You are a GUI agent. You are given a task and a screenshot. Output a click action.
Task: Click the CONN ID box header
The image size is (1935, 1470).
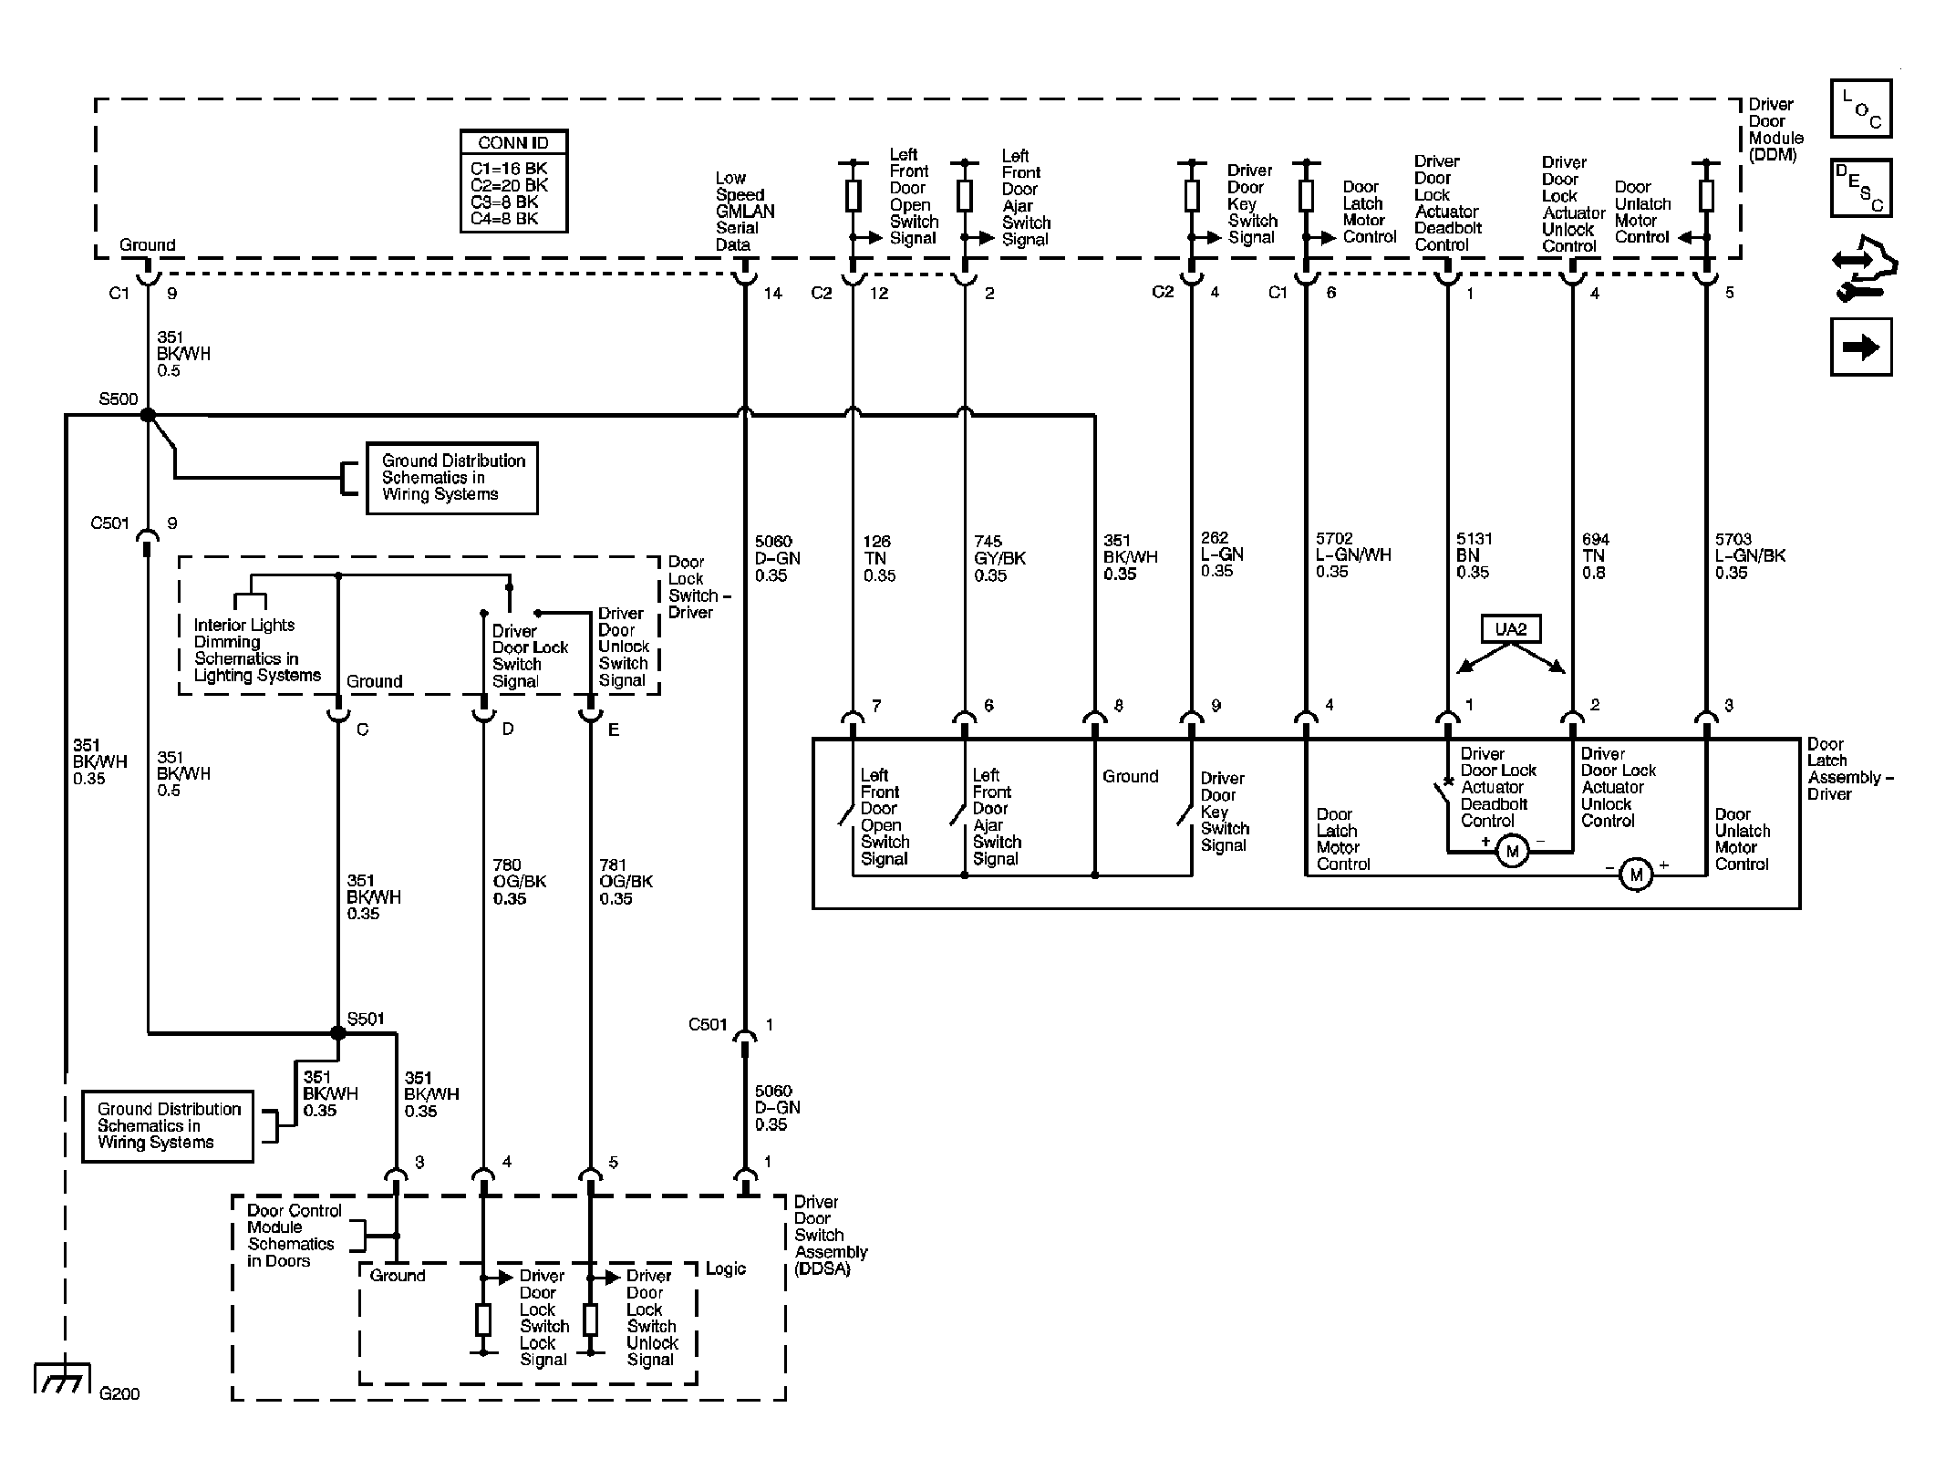514,143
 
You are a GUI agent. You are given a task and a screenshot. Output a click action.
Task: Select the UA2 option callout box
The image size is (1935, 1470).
1511,629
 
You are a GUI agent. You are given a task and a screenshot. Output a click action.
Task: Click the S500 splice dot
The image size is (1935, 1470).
148,416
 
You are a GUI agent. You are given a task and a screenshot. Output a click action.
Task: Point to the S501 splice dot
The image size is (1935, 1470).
338,1033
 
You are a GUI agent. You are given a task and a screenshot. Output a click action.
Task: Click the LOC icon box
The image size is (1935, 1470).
1861,109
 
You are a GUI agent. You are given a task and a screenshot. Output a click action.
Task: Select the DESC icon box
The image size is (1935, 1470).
1861,188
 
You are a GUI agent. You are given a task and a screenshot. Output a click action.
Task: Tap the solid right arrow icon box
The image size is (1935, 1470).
1861,347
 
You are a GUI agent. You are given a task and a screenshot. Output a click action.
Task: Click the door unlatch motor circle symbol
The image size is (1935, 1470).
1636,875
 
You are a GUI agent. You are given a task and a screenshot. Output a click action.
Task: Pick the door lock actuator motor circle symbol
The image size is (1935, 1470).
1513,852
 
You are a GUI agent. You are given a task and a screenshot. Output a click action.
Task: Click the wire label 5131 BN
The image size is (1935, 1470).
1473,555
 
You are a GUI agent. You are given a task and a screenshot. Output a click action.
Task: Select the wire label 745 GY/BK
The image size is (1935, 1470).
999,558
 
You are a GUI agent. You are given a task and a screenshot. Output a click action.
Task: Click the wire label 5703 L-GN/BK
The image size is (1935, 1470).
1750,556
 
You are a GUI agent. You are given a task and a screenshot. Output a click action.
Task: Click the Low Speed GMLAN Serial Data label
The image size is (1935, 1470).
745,212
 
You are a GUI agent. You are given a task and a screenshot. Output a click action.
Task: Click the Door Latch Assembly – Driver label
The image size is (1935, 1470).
1850,769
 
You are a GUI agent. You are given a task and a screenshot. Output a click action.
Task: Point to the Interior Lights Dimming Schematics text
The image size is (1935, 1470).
257,650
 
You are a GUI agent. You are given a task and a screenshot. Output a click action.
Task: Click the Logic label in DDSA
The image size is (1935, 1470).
726,1269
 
